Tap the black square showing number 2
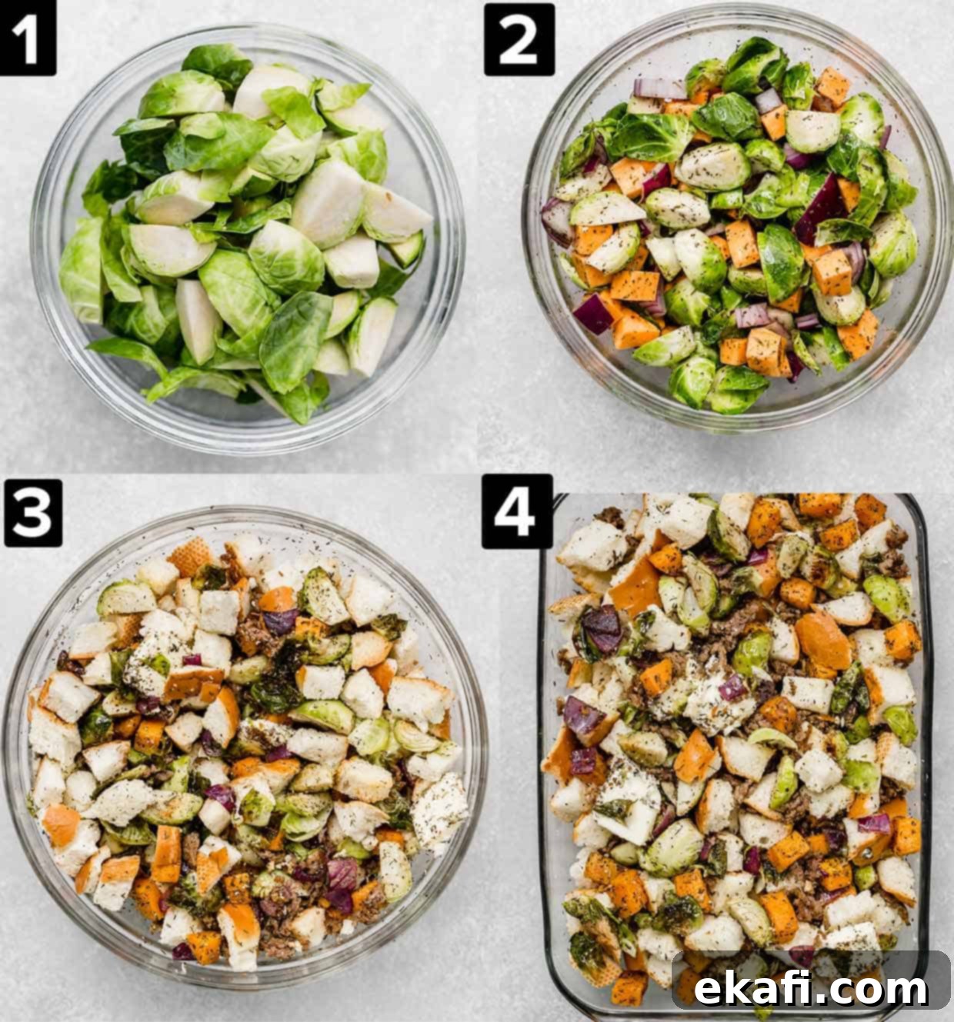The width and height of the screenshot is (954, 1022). pos(519,39)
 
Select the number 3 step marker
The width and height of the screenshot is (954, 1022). pos(33,512)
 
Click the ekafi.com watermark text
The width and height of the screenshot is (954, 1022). pos(810,989)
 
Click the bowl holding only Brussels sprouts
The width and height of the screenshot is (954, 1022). pos(248,240)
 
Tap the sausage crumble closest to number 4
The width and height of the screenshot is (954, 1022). pos(611,517)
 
